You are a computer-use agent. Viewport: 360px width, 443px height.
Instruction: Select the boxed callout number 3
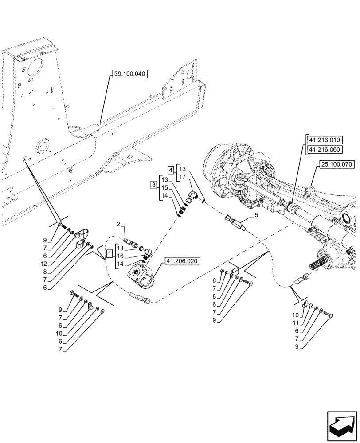point(154,184)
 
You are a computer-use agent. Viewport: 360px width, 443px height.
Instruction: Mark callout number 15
point(165,188)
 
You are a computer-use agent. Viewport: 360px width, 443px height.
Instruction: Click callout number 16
point(121,256)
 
